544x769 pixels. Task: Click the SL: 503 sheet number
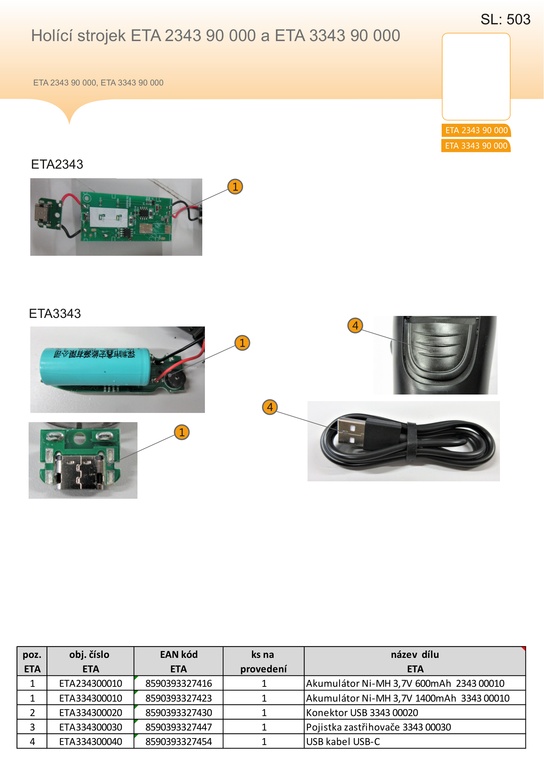tap(505, 19)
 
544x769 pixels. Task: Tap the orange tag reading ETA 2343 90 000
tap(476, 130)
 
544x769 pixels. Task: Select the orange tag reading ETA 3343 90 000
tap(476, 146)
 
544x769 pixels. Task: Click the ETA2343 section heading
tap(57, 164)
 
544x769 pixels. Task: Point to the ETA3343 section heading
tap(55, 314)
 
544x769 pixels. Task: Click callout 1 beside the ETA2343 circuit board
tap(235, 186)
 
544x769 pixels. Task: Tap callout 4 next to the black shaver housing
tap(356, 325)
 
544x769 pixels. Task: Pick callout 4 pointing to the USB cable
tap(270, 407)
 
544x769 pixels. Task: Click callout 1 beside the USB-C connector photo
tap(182, 432)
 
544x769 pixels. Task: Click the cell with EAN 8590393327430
tap(179, 712)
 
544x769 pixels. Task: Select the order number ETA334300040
tap(90, 741)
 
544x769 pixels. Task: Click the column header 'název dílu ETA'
tap(415, 661)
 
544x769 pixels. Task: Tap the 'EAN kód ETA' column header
tap(179, 661)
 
